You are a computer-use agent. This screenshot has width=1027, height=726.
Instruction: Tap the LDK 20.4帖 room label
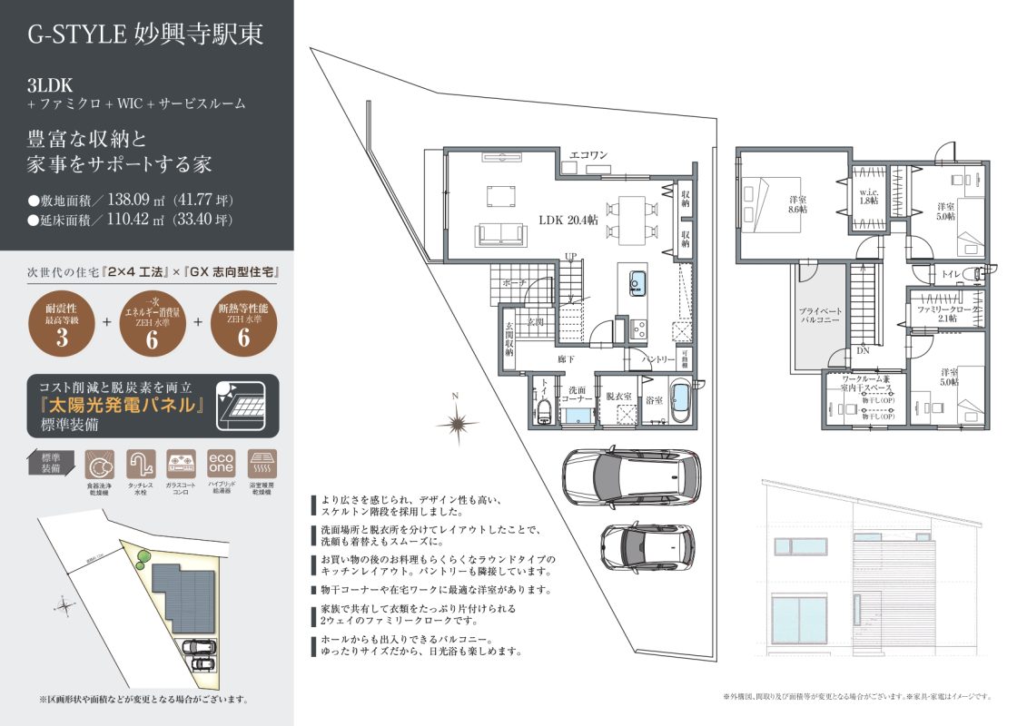568,221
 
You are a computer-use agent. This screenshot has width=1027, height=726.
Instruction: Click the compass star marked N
457,422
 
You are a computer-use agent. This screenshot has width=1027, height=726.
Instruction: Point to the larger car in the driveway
630,476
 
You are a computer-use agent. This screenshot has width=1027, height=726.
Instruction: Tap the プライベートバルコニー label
820,316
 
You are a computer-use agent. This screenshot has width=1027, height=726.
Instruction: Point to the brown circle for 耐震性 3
64,325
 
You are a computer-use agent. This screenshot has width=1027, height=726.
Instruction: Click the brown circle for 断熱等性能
242,325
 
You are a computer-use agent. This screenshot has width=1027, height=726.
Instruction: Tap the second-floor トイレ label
952,273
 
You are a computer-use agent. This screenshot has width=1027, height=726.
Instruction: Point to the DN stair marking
862,349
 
